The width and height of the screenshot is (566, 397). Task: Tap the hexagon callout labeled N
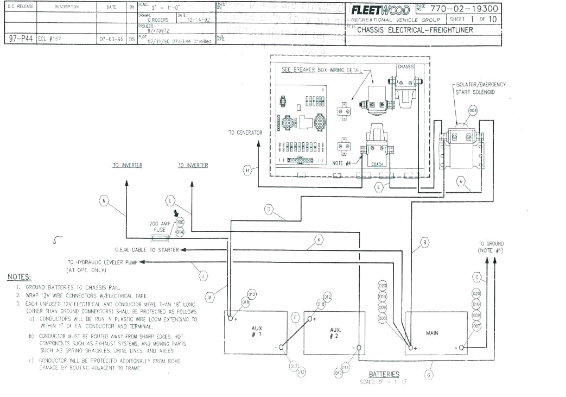click(104, 201)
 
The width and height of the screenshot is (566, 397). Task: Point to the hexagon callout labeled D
click(269, 209)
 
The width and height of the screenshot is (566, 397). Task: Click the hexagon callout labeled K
click(319, 239)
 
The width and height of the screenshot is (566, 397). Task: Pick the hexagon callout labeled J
click(203, 276)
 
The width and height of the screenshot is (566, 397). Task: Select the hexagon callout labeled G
click(429, 374)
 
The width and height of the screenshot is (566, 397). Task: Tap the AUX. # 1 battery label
click(257, 332)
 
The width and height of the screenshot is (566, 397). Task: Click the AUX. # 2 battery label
click(335, 332)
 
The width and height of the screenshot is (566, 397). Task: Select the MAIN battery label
click(432, 333)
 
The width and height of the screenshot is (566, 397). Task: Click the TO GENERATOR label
click(245, 133)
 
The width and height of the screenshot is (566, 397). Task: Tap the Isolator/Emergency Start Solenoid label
click(480, 88)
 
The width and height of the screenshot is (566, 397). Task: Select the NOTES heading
click(19, 277)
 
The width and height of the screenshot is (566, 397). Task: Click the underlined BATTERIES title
click(384, 374)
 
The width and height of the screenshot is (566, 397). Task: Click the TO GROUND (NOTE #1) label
click(491, 247)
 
